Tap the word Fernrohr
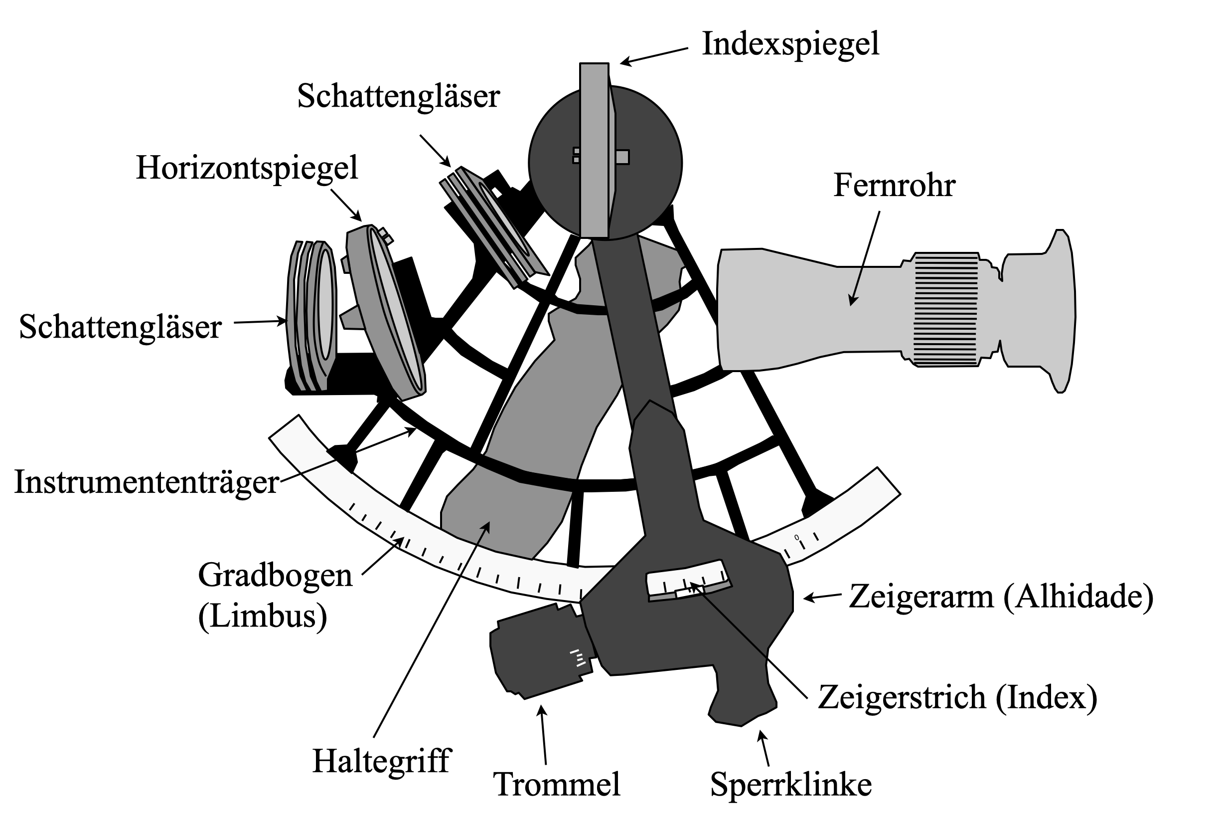point(895,186)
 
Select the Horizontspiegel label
point(247,169)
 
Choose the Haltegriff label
point(382,762)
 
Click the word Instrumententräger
point(146,482)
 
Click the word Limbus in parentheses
point(263,617)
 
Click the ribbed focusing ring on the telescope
point(945,310)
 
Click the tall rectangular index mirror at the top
point(594,151)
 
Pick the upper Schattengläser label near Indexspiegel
point(399,97)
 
